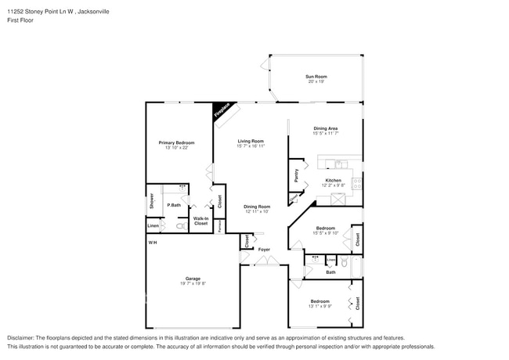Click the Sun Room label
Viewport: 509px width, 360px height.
pos(316,76)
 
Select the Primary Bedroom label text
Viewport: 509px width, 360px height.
pos(176,142)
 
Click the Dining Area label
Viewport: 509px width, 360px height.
pos(326,128)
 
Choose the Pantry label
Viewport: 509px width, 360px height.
pos(296,175)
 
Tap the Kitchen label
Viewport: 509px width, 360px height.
pos(334,181)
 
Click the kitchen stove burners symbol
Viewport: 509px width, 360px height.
pos(357,184)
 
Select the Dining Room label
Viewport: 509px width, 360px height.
pos(257,207)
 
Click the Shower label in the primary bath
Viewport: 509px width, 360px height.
pos(152,200)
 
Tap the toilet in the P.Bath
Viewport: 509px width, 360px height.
pos(180,225)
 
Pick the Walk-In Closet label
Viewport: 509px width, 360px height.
pos(200,221)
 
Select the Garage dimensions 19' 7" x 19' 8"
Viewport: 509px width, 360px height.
pos(193,283)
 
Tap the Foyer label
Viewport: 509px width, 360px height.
pos(265,250)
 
